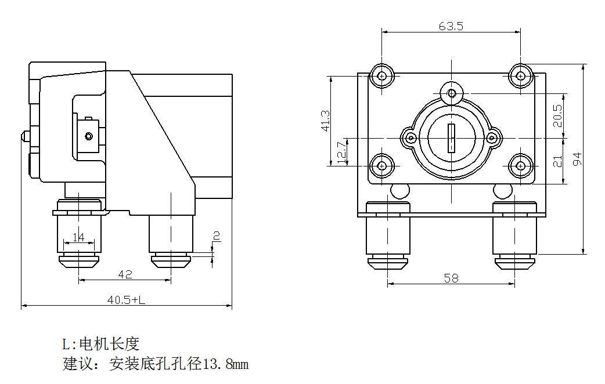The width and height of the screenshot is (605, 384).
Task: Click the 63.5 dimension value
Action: tap(451, 26)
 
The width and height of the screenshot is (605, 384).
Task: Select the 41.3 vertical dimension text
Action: tap(325, 121)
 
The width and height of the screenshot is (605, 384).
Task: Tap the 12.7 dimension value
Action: tap(341, 152)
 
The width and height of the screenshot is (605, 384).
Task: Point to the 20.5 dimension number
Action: tap(557, 115)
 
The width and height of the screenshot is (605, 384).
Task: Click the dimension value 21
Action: tap(557, 161)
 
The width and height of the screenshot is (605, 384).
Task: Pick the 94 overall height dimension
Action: tap(578, 159)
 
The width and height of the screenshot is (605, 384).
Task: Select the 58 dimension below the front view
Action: tap(451, 278)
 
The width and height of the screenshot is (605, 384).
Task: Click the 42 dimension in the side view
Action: tap(124, 274)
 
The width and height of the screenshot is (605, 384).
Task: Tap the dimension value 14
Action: tap(78, 237)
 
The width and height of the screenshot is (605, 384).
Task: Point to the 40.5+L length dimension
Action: tap(126, 300)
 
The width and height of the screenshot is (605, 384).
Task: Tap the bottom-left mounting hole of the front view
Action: tap(381, 166)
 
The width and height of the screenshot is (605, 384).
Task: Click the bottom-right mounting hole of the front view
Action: tap(521, 166)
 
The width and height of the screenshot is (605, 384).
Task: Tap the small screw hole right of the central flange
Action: tap(492, 138)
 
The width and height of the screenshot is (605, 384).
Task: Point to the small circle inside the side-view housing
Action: tap(88, 136)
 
